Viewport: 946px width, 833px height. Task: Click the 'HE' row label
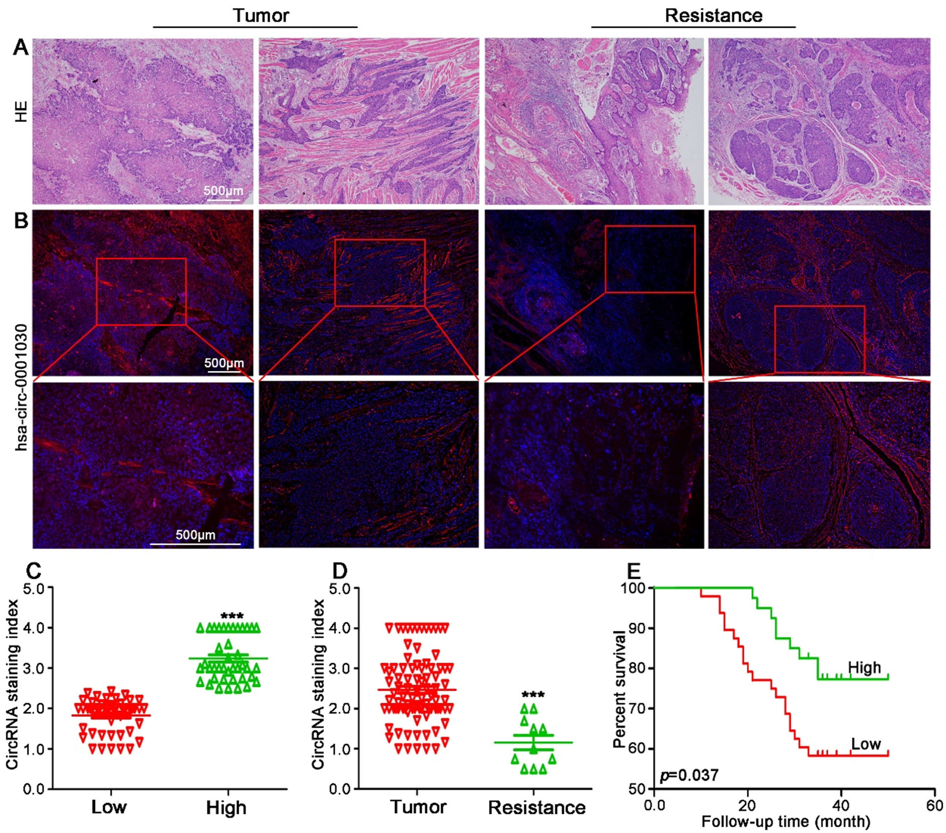21,112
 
